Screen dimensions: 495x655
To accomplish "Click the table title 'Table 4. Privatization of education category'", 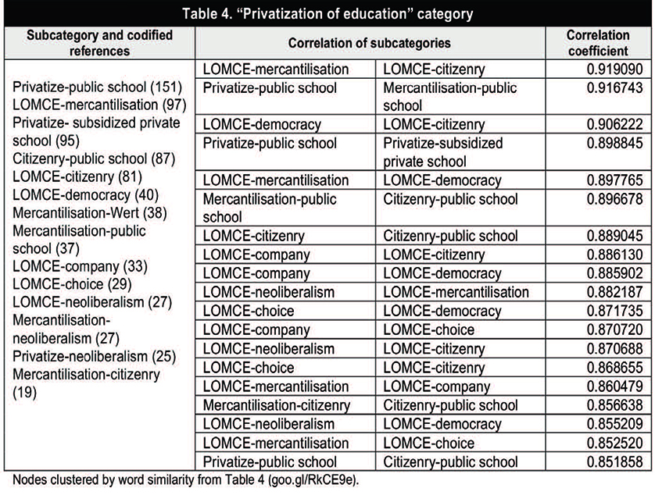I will pos(327,14).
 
